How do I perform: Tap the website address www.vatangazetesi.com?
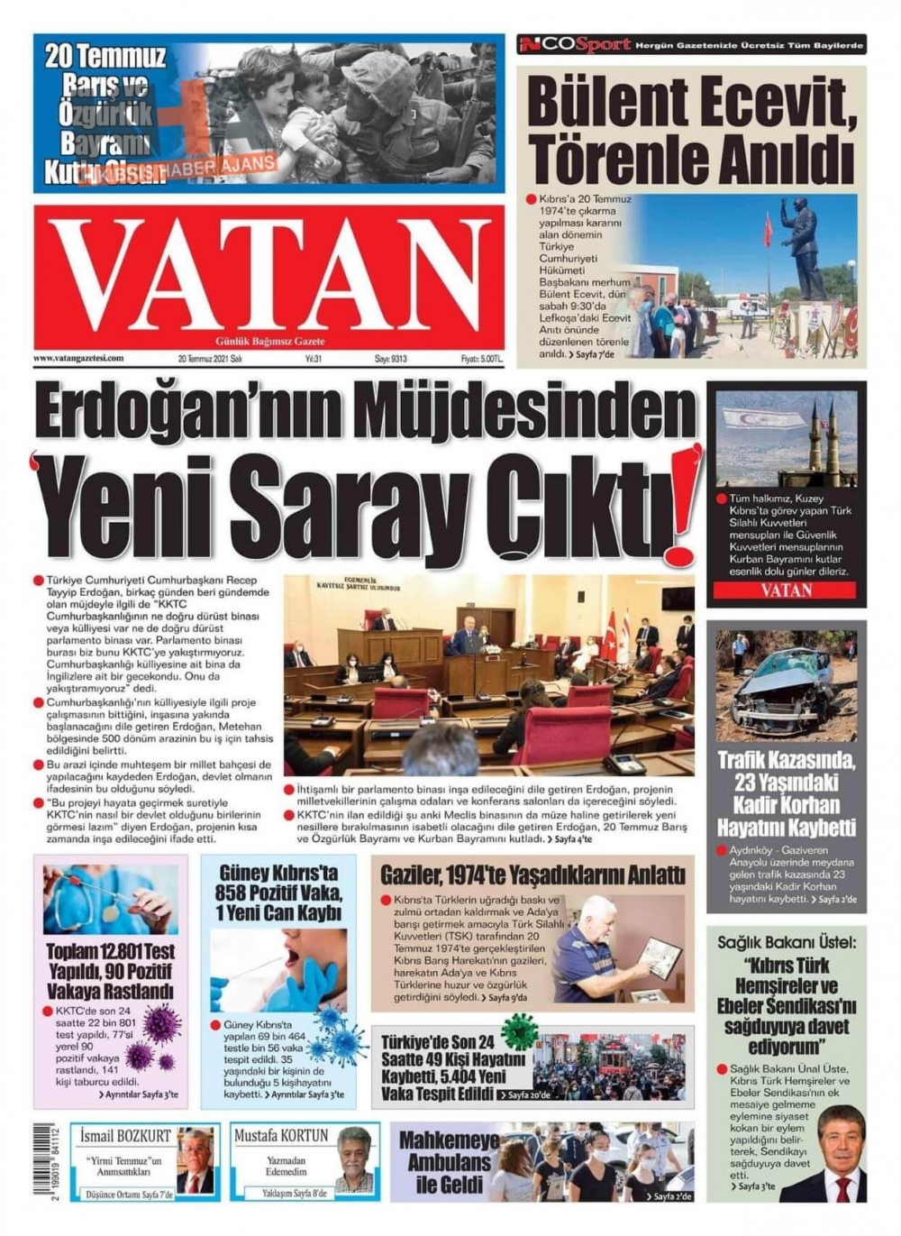[x=78, y=358]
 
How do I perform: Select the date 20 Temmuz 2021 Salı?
[x=210, y=359]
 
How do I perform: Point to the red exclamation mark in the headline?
[x=686, y=504]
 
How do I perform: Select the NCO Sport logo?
[x=574, y=44]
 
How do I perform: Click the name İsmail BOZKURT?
[x=125, y=1136]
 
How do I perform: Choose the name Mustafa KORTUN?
[x=281, y=1136]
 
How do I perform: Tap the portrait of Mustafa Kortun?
[x=354, y=1160]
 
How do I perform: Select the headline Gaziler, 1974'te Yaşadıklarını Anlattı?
[x=532, y=874]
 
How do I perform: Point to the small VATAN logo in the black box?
[x=786, y=591]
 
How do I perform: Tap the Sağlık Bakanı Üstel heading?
[x=787, y=943]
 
